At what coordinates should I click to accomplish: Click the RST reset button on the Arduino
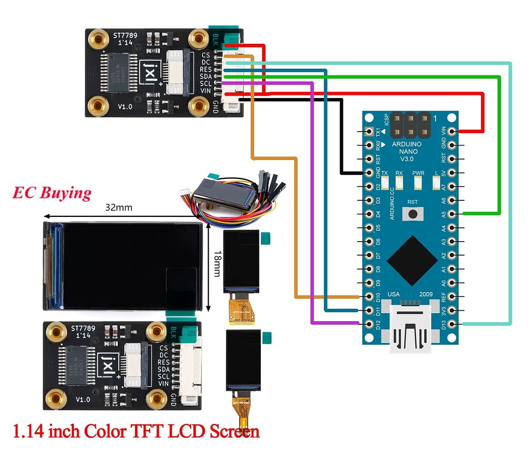(x=412, y=213)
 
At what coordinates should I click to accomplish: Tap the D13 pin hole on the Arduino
(x=453, y=324)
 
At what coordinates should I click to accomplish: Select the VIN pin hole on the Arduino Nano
(x=453, y=131)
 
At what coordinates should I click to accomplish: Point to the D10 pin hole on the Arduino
(x=369, y=297)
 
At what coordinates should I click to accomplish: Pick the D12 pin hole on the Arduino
(x=369, y=324)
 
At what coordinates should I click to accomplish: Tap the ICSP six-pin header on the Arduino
(x=411, y=123)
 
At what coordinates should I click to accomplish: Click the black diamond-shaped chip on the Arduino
(x=412, y=261)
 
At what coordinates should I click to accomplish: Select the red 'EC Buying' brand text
(x=52, y=193)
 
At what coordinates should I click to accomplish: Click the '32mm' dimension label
(x=119, y=208)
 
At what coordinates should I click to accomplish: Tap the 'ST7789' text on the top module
(x=126, y=36)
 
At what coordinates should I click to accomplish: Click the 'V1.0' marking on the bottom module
(x=83, y=399)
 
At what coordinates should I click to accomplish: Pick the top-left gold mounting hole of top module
(x=97, y=38)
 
